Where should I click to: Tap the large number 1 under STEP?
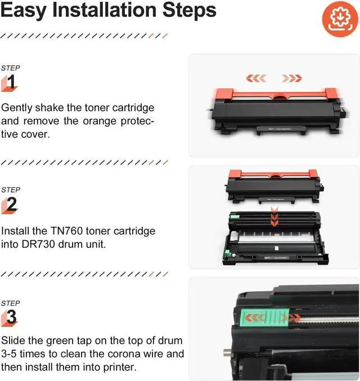coord(11,83)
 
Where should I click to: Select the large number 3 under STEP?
coord(11,316)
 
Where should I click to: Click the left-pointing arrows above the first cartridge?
coord(259,78)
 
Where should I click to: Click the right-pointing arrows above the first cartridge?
coord(292,78)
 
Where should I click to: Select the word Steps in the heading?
coord(186,10)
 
